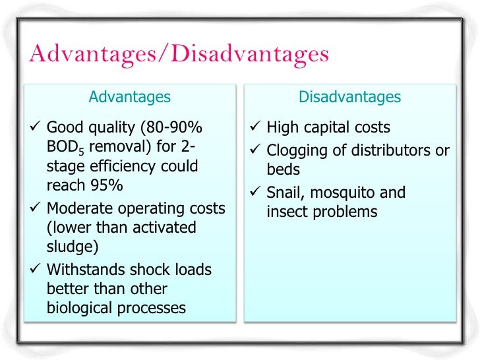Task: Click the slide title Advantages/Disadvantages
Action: coord(179,54)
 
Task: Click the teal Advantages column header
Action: coord(129,97)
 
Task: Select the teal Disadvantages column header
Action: coord(349,97)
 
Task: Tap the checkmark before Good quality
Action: coord(36,127)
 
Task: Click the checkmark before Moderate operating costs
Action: coord(36,208)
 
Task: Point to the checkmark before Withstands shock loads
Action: coord(36,270)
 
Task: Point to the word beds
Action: coord(284,169)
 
